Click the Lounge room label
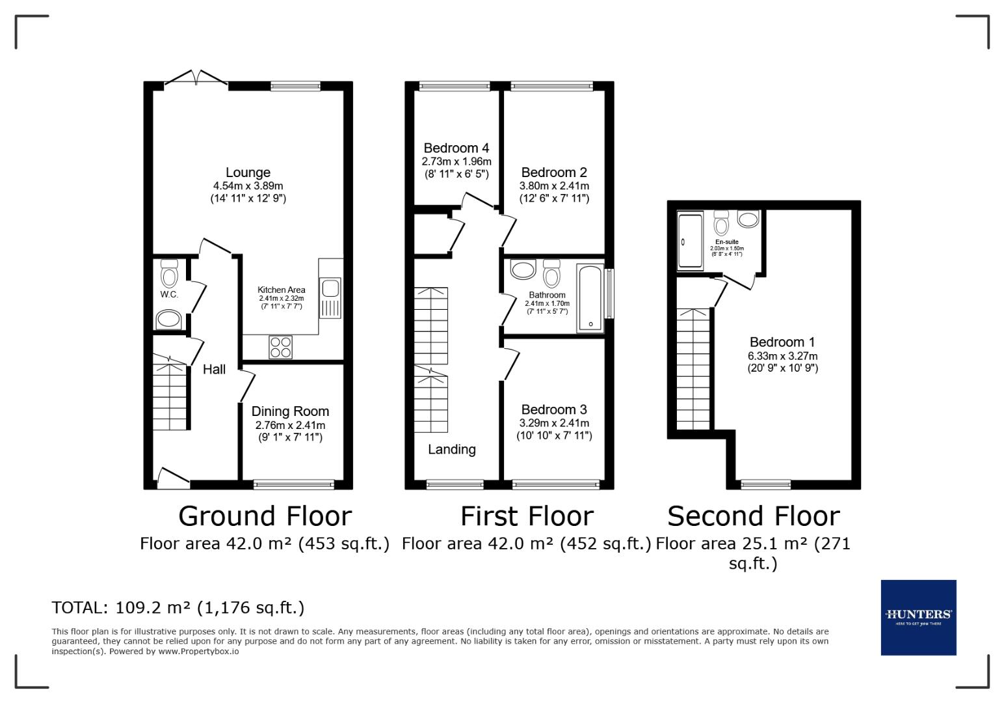[248, 172]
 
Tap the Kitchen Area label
[282, 290]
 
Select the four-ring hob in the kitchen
[281, 347]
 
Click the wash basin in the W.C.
[169, 320]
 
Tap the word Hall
[214, 370]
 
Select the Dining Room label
[290, 411]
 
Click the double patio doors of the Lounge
[196, 78]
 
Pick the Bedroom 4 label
[456, 148]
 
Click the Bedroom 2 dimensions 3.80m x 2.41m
[554, 186]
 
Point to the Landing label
[451, 449]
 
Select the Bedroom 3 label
[554, 409]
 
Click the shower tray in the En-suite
[691, 241]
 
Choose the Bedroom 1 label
[782, 342]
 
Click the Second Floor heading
[754, 516]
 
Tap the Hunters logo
[918, 617]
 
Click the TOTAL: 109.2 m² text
[178, 608]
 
